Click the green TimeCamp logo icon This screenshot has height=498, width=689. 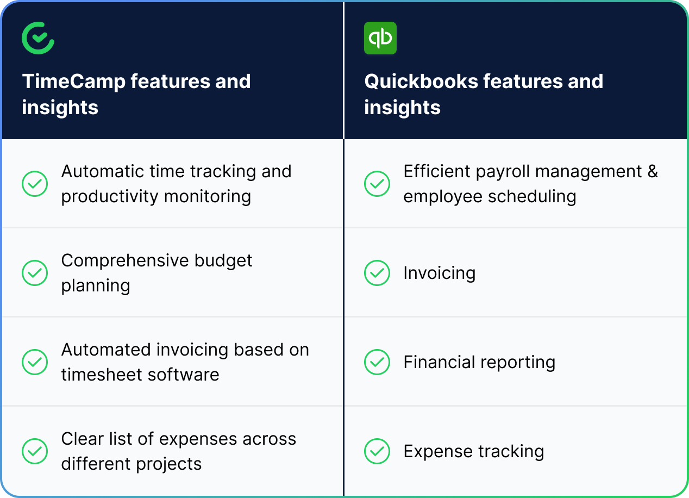point(38,38)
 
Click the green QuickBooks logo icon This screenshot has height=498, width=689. point(380,38)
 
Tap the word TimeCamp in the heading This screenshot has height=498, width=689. point(73,82)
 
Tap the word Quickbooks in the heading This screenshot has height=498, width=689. point(421,82)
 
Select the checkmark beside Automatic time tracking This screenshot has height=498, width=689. point(35,184)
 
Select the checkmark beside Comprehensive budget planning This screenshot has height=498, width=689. point(35,273)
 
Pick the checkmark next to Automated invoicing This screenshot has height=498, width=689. point(35,362)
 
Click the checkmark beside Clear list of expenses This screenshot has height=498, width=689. point(35,451)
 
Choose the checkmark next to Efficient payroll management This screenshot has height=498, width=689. point(377,184)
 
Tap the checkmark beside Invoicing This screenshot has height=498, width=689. point(377,273)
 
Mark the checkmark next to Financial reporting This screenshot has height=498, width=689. point(377,362)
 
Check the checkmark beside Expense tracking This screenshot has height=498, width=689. point(377,451)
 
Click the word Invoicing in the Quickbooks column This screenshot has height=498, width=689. point(439,273)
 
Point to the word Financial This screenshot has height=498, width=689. point(438,362)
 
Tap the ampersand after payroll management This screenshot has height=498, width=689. point(652,172)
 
